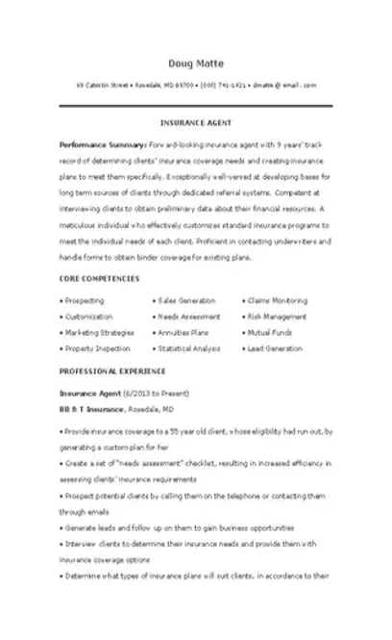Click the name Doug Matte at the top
tap(196, 64)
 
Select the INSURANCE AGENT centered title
tap(196, 124)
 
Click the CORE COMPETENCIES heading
tap(99, 278)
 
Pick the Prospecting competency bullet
tap(85, 301)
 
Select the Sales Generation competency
tap(185, 301)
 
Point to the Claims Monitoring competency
tap(277, 301)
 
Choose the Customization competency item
tap(87, 317)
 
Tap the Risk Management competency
tap(277, 317)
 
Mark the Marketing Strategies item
tap(95, 332)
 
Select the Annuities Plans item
tap(183, 332)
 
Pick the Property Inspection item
tap(94, 347)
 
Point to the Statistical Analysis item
tap(188, 347)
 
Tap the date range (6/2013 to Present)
tap(157, 394)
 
